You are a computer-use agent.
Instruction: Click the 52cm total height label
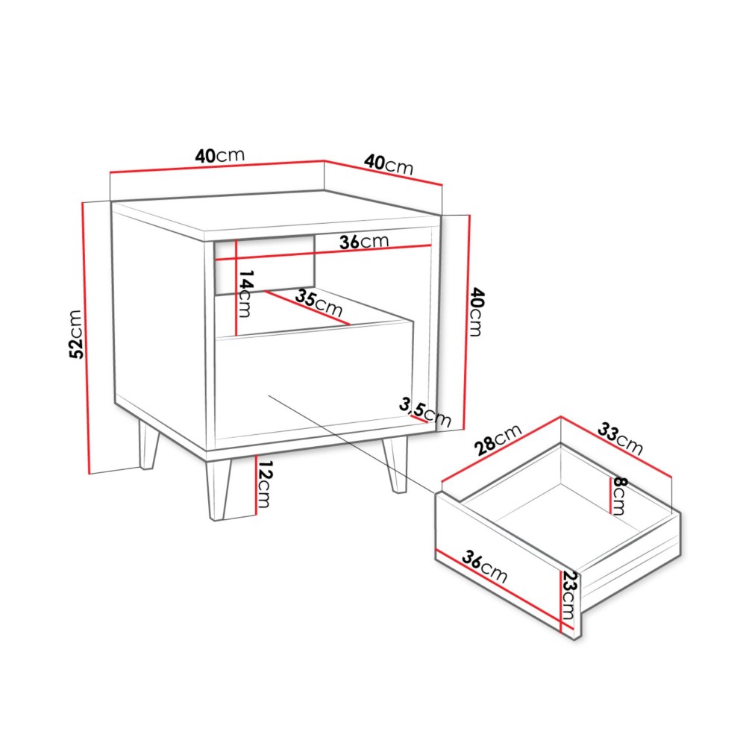(76, 334)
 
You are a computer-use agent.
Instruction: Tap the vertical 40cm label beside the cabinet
(476, 312)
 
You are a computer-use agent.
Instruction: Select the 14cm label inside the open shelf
(245, 293)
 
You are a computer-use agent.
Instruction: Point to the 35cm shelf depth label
(319, 304)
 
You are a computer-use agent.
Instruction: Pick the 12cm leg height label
(264, 484)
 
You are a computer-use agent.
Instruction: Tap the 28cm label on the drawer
(498, 439)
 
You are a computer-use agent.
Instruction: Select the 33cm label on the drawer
(620, 439)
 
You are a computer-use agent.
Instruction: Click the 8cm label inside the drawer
(619, 496)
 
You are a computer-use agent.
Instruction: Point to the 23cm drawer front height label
(568, 595)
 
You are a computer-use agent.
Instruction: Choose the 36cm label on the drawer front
(485, 567)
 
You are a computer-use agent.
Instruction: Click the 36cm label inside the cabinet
(364, 242)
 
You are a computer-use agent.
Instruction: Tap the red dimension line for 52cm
(86, 338)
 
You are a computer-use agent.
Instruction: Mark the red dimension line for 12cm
(256, 486)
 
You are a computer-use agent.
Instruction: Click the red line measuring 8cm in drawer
(610, 496)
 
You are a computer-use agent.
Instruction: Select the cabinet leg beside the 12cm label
(219, 490)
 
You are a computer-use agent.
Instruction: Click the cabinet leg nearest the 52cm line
(148, 445)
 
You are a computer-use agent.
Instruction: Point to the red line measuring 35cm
(307, 308)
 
